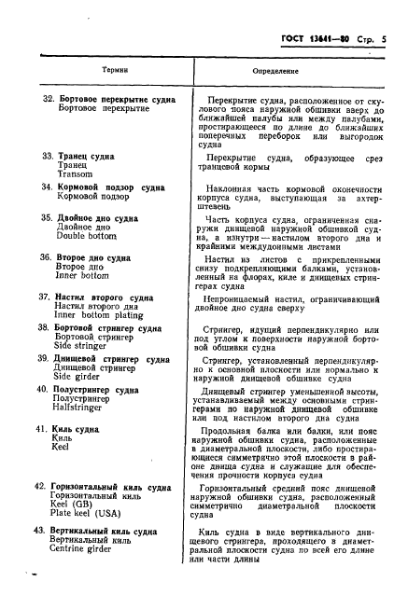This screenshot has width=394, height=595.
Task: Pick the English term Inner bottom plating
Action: pyautogui.click(x=98, y=315)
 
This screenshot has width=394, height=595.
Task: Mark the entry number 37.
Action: pyautogui.click(x=39, y=296)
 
